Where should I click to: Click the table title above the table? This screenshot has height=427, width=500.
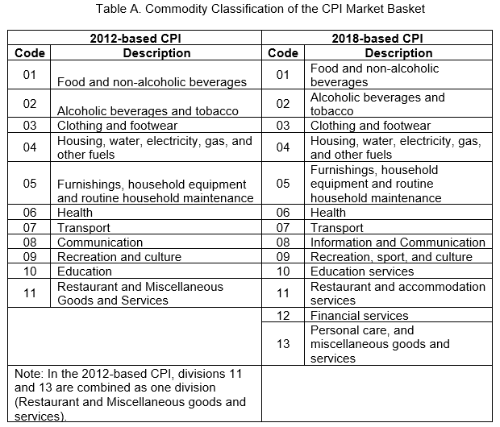pos(260,9)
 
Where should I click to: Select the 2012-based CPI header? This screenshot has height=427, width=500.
pos(135,39)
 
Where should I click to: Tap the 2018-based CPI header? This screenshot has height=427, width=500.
pos(377,39)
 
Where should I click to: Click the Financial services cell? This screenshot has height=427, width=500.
pos(360,316)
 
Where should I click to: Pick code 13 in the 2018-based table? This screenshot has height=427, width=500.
pos(283,344)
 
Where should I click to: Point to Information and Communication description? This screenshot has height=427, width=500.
pos(398,243)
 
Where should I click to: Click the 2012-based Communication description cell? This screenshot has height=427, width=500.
pos(100,243)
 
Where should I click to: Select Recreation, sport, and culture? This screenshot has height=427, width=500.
pos(391,257)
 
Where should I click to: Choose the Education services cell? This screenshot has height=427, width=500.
pos(362,272)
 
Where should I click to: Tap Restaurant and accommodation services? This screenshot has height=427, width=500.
pos(398,293)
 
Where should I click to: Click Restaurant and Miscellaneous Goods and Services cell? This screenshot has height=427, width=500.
pos(140,293)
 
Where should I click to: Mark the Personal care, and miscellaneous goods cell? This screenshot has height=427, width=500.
pos(380,344)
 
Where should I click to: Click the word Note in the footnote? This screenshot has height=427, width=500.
pos(29,374)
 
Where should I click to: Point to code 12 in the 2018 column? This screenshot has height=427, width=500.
pos(283,316)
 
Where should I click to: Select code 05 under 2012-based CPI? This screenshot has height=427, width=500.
pos(29,184)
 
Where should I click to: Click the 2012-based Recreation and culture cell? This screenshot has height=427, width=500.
pos(119,257)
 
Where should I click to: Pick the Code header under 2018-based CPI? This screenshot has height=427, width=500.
pos(283,53)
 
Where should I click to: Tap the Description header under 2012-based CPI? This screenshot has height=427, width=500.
pos(156,53)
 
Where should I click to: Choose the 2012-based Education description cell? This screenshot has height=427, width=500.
pos(85,272)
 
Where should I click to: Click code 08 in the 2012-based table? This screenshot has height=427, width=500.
pos(29,243)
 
